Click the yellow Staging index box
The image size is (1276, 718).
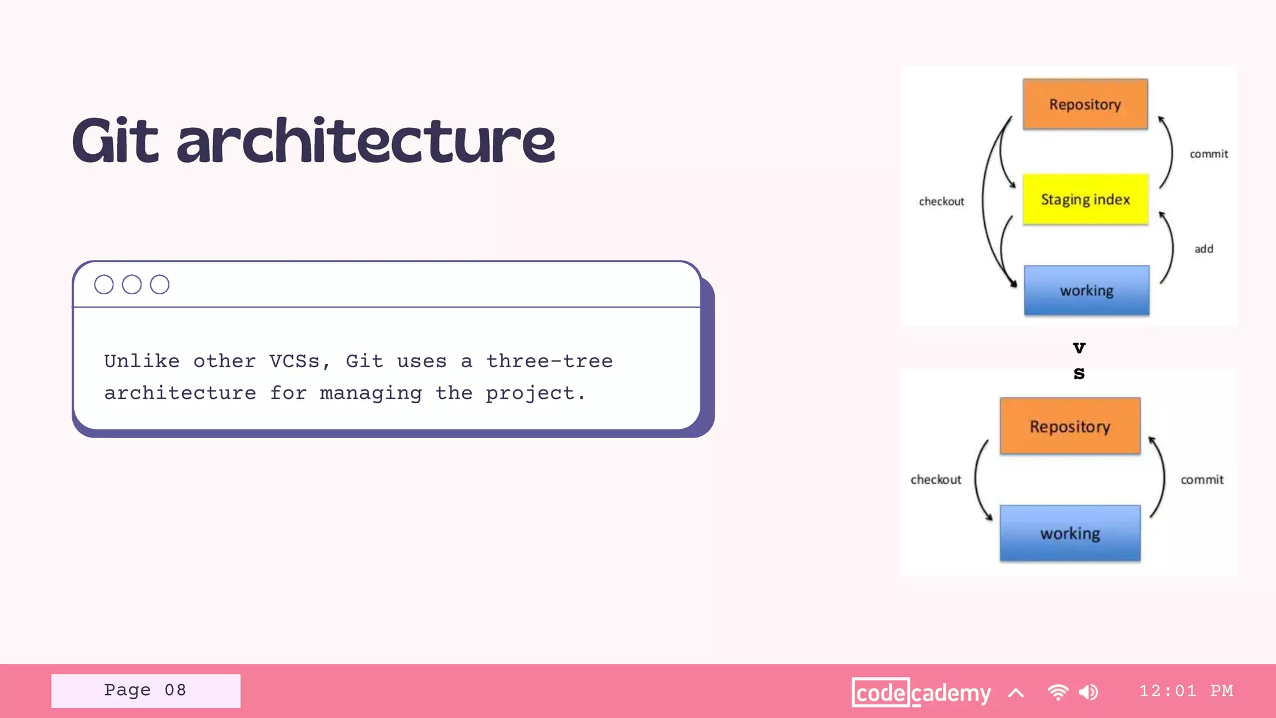(x=1085, y=199)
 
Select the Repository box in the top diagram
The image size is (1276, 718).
(x=1085, y=104)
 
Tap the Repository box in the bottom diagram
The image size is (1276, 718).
(x=1070, y=426)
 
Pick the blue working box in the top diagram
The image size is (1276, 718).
(x=1087, y=290)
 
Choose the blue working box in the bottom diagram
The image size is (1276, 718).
(x=1070, y=534)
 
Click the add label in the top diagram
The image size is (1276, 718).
(x=1204, y=249)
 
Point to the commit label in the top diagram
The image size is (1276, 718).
(x=1209, y=154)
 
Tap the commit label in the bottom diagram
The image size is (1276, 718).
(x=1202, y=480)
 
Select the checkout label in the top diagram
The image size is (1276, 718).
(x=941, y=201)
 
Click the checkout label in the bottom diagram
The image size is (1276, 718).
(x=936, y=480)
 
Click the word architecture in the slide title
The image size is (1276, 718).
(x=366, y=142)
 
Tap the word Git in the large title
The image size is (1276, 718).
(x=116, y=142)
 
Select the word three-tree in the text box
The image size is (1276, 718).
(x=550, y=361)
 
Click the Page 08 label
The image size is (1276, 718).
(x=145, y=691)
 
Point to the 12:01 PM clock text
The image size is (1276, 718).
(x=1186, y=691)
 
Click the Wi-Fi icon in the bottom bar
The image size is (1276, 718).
(x=1058, y=692)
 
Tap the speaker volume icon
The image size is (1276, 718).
(x=1088, y=692)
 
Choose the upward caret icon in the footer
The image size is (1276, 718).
(x=1016, y=692)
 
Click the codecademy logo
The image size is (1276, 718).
(x=921, y=692)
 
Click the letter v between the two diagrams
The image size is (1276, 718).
(x=1079, y=348)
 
